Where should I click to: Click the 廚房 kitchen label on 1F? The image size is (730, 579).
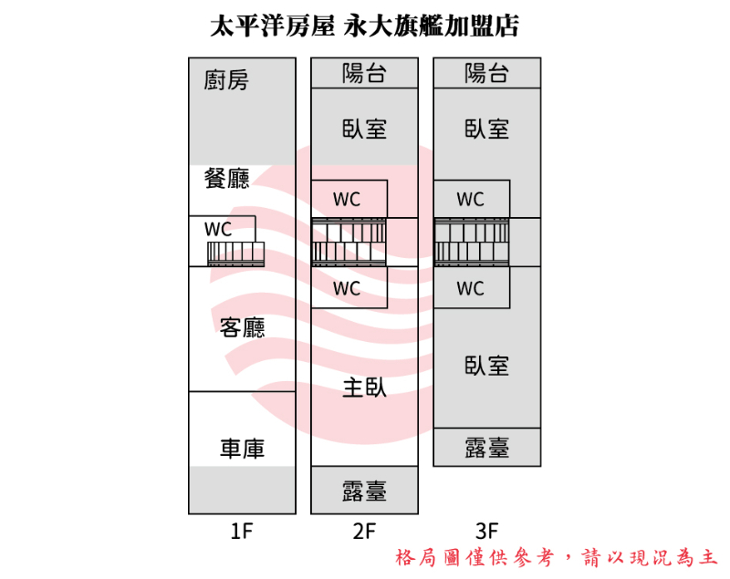click(226, 80)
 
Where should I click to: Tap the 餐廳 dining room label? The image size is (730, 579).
click(226, 178)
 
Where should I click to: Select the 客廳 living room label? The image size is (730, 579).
click(242, 327)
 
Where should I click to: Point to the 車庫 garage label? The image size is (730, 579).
click(242, 449)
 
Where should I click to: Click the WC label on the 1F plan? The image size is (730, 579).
click(218, 229)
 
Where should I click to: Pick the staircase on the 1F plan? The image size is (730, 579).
click(235, 253)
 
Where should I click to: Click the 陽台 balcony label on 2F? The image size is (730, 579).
click(364, 73)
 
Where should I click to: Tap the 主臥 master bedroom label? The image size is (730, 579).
click(364, 388)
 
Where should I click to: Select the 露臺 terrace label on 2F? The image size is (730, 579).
click(364, 491)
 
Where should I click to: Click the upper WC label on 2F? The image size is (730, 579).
click(347, 200)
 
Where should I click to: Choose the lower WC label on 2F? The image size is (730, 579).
click(347, 288)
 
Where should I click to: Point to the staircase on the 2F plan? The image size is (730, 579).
click(349, 242)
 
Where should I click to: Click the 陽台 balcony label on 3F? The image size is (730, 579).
click(486, 73)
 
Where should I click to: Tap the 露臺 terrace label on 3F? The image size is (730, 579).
click(486, 448)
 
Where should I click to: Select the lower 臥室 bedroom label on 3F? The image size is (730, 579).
click(486, 366)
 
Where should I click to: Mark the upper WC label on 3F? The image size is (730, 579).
click(470, 200)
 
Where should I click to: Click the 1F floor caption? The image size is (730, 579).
click(242, 531)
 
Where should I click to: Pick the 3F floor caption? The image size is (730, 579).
click(487, 531)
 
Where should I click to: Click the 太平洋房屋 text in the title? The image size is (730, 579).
click(272, 26)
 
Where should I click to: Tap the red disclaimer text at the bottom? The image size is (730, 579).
click(557, 557)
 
